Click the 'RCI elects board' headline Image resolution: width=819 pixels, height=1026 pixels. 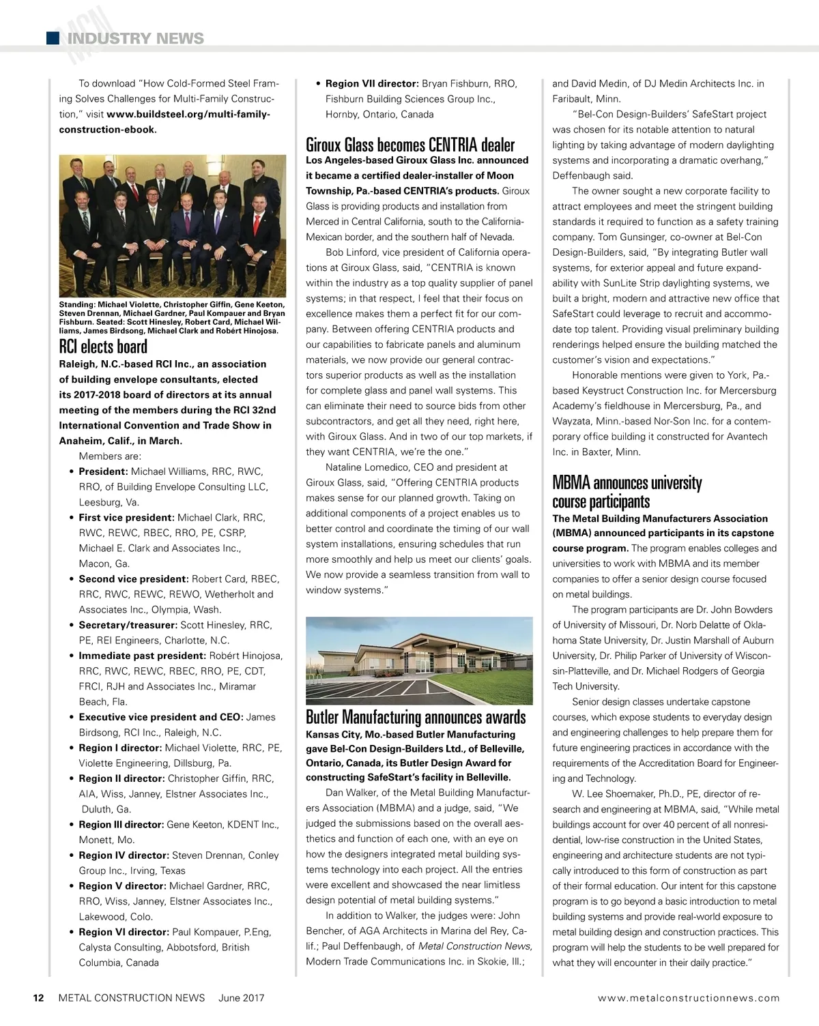click(103, 347)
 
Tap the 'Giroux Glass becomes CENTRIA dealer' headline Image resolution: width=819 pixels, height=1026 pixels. click(409, 145)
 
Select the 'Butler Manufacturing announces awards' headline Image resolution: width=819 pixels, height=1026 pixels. click(415, 717)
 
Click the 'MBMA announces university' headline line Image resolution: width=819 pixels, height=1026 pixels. click(627, 483)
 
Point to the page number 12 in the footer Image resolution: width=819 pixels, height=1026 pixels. click(39, 998)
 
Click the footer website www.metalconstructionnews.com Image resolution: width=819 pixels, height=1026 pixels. click(688, 998)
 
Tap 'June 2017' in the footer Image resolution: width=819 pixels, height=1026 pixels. click(241, 998)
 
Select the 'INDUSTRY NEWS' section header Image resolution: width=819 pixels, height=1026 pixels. click(135, 38)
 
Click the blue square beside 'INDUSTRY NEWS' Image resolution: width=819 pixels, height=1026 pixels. click(53, 38)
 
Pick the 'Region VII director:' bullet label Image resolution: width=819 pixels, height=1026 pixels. click(372, 84)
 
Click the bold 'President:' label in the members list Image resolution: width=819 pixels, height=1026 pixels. click(103, 471)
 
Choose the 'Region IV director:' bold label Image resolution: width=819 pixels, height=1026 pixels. click(124, 855)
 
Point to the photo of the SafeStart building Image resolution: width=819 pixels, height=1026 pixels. click(419, 660)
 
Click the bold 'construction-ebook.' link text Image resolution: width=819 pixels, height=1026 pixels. click(108, 130)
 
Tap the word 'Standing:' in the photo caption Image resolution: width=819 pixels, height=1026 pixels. click(76, 305)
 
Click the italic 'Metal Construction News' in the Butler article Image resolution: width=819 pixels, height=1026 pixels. click(474, 946)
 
